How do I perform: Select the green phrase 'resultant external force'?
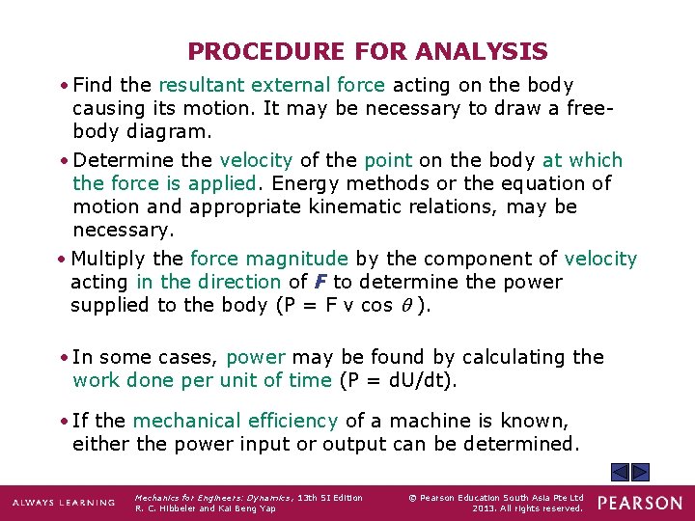click(x=271, y=86)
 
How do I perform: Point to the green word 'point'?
click(x=387, y=160)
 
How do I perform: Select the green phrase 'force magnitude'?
click(x=268, y=259)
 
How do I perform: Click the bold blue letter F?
click(x=320, y=282)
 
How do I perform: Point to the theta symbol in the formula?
click(x=409, y=306)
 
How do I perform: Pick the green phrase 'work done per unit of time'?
click(x=202, y=380)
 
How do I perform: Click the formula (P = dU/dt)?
click(x=398, y=380)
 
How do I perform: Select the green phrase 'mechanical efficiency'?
click(x=235, y=421)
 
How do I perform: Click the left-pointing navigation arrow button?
click(x=619, y=472)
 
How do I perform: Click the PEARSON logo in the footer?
click(x=640, y=503)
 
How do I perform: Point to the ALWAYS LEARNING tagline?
click(x=63, y=503)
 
